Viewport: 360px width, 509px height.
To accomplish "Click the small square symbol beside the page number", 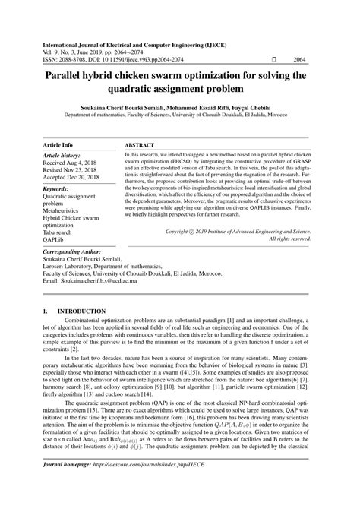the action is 272,58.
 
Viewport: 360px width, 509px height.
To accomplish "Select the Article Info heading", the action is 58,144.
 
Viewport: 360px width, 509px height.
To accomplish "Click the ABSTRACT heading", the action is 141,144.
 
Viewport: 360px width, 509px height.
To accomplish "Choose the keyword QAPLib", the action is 55,240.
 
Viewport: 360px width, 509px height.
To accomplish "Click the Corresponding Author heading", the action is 71,251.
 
